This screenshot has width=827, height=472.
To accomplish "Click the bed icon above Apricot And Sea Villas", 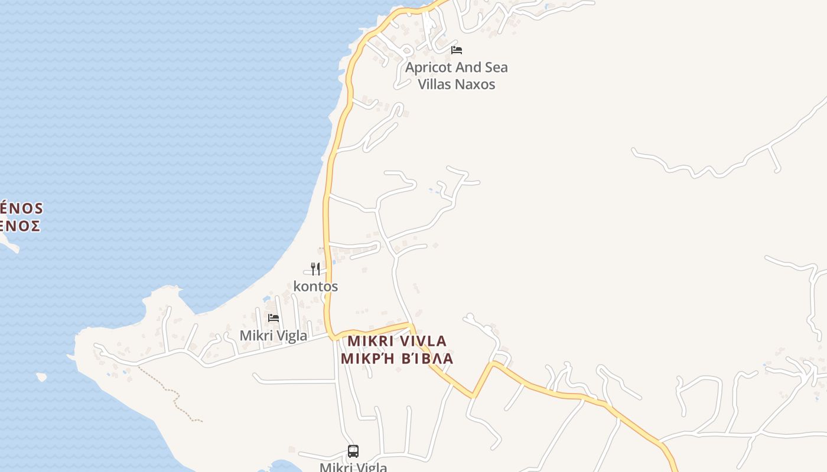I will [456, 50].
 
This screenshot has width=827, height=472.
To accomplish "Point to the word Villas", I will [437, 84].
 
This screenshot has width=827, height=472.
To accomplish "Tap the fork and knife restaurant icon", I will [315, 269].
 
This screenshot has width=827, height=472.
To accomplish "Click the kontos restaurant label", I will [315, 286].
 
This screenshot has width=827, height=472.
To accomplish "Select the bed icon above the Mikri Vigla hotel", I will [274, 318].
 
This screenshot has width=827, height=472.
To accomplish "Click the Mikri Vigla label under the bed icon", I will [273, 336].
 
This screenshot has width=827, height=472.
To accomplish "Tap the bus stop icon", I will [353, 451].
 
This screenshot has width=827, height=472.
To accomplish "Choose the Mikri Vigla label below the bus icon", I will [353, 467].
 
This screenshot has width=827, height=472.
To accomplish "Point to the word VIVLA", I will [423, 341].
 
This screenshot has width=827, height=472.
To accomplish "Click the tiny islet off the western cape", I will [41, 376].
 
